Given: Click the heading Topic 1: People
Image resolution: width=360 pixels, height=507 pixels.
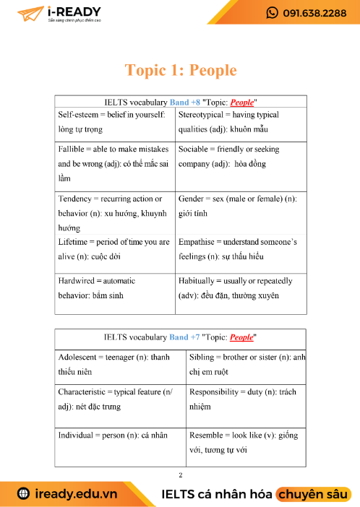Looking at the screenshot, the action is pyautogui.click(x=181, y=70).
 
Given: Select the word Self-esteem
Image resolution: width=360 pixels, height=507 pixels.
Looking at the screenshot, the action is pyautogui.click(x=80, y=115).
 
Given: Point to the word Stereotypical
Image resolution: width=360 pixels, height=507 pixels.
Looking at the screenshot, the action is pyautogui.click(x=205, y=115).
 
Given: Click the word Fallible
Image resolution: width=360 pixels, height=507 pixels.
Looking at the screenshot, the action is pyautogui.click(x=74, y=149).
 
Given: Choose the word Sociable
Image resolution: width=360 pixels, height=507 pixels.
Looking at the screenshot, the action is pyautogui.click(x=197, y=149).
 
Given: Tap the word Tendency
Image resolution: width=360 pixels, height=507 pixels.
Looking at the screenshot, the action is pyautogui.click(x=77, y=198).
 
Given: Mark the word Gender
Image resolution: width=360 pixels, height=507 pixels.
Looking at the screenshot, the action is pyautogui.click(x=193, y=198).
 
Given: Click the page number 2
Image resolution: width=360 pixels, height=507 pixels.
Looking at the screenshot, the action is pyautogui.click(x=180, y=474).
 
